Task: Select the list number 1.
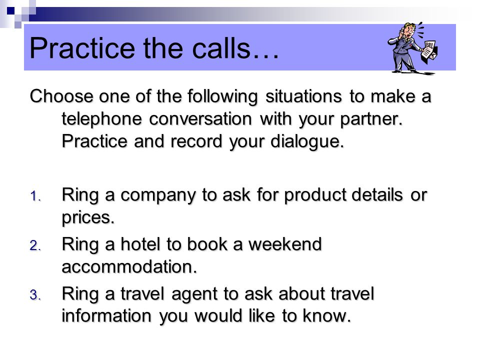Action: pyautogui.click(x=35, y=196)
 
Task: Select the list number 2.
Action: pyautogui.click(x=35, y=245)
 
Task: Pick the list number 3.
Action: pyautogui.click(x=35, y=295)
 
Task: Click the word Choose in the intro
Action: pyautogui.click(x=61, y=96)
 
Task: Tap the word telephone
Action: pyautogui.click(x=102, y=119)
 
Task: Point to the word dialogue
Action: pyautogui.click(x=307, y=141)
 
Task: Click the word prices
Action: pyautogui.click(x=88, y=218)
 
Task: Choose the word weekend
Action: pyautogui.click(x=285, y=244)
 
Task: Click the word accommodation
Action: pyautogui.click(x=129, y=267)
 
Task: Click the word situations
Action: pyautogui.click(x=303, y=96)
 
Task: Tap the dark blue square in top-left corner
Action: pyautogui.click(x=10, y=10)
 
